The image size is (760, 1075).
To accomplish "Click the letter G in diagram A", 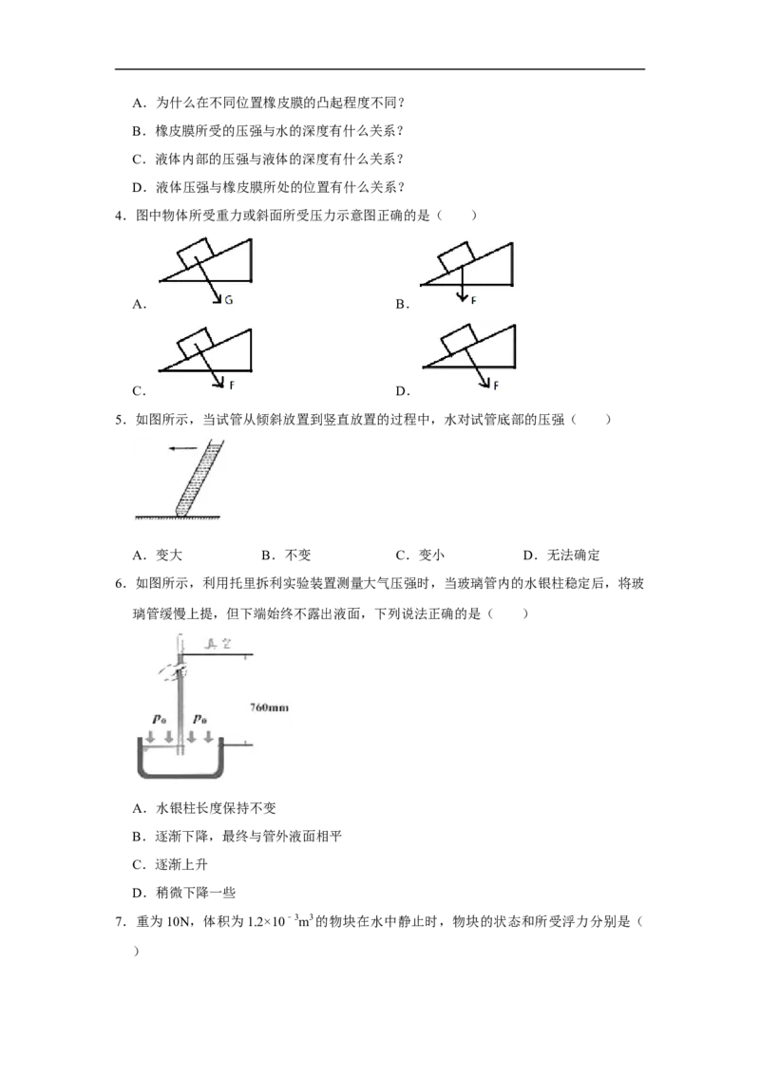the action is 228,299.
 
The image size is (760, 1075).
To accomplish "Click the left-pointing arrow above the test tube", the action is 183,449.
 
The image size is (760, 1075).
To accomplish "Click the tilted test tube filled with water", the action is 199,478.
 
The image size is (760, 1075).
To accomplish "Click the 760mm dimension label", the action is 269,707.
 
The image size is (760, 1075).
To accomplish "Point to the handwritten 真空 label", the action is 218,644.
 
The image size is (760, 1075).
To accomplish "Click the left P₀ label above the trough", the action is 160,719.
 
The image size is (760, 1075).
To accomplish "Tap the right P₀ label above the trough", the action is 199,719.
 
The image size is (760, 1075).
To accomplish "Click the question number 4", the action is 120,216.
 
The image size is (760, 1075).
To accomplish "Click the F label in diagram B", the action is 473,300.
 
